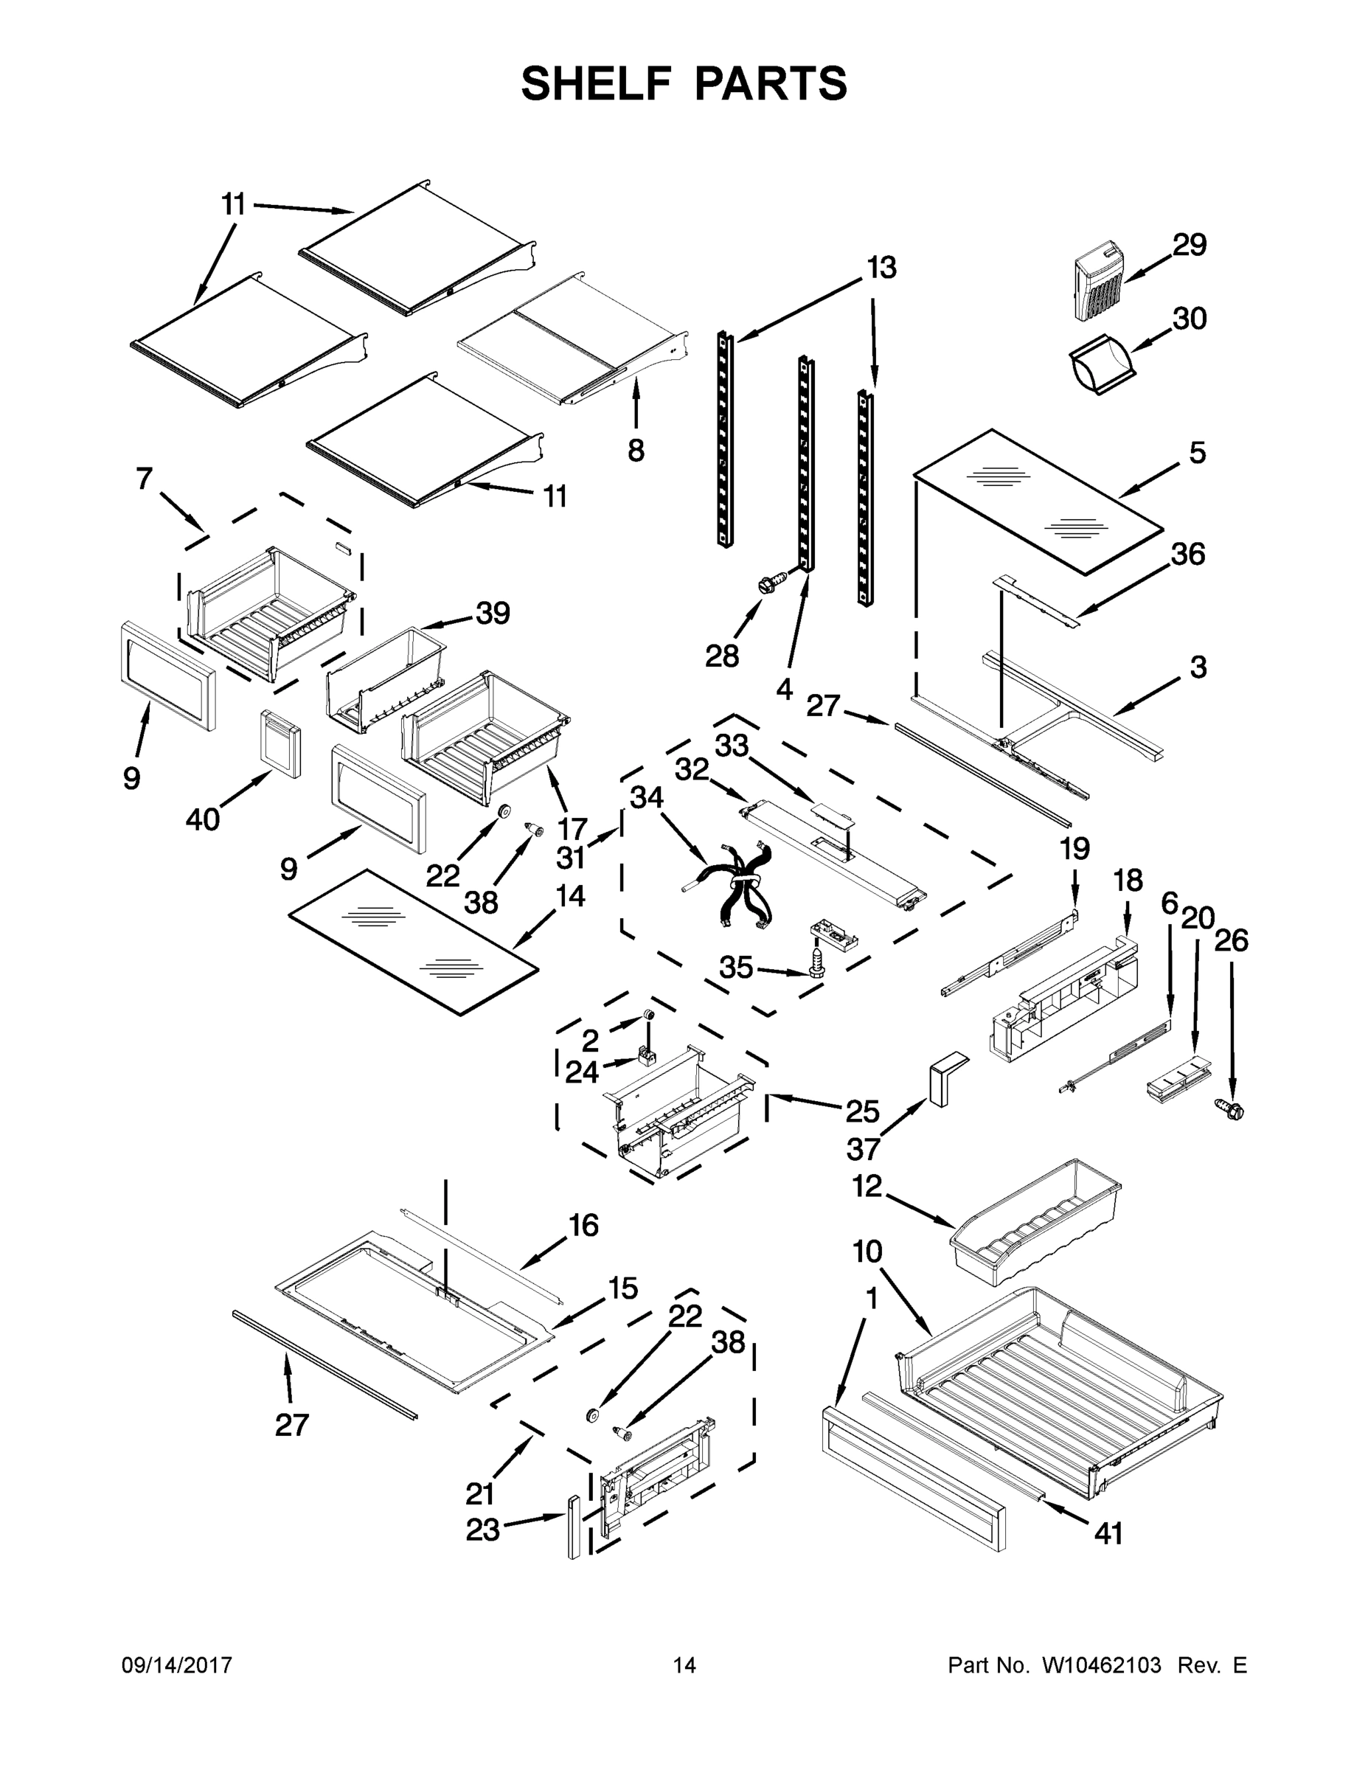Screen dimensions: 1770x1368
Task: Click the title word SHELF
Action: tap(597, 84)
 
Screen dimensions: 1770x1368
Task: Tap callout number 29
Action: tap(1189, 244)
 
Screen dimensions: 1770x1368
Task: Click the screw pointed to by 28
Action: tap(771, 583)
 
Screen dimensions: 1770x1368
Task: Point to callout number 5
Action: tap(1198, 453)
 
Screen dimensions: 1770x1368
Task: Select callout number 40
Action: tap(203, 819)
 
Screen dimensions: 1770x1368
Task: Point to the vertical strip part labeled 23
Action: tap(574, 1527)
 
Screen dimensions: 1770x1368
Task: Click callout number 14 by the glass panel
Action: tap(570, 895)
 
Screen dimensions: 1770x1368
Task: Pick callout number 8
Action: tap(636, 450)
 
